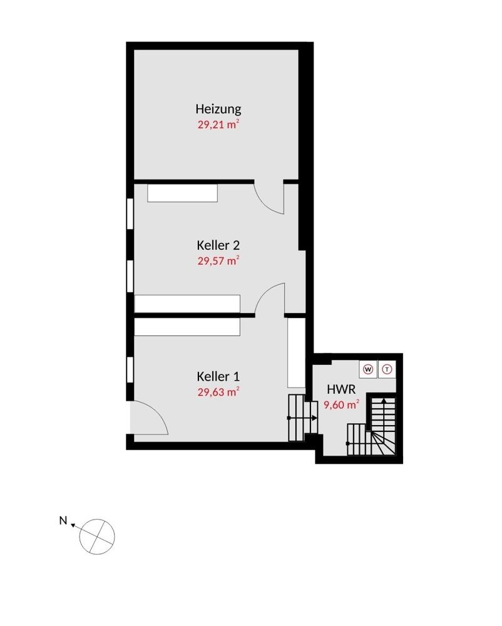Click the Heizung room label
[218, 109]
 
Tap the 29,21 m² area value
[218, 124]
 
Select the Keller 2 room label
[218, 245]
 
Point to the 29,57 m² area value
[218, 260]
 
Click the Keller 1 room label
[218, 377]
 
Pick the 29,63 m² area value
[218, 393]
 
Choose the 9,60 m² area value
[341, 404]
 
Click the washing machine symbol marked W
[368, 369]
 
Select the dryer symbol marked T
[387, 369]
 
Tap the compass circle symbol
[98, 536]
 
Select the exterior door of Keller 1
[147, 418]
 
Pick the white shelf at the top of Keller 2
[182, 193]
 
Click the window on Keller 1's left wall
[130, 371]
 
